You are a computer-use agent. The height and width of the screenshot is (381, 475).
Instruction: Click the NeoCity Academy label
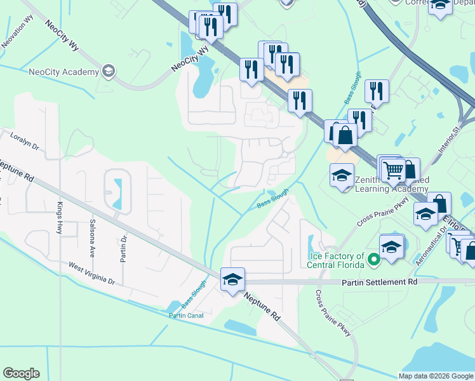64,71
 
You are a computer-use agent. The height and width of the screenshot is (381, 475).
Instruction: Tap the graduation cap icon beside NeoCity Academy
109,70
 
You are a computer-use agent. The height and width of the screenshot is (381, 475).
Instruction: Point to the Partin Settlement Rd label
380,281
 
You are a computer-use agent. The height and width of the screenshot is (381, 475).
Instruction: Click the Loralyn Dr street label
25,141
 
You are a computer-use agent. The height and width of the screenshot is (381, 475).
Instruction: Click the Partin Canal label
185,316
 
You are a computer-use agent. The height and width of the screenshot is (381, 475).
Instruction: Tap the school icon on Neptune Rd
232,279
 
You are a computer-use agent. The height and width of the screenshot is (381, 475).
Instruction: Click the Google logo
21,373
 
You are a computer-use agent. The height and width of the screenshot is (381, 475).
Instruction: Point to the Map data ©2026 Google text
436,375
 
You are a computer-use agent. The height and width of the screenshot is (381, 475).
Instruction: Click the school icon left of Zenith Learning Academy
342,175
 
